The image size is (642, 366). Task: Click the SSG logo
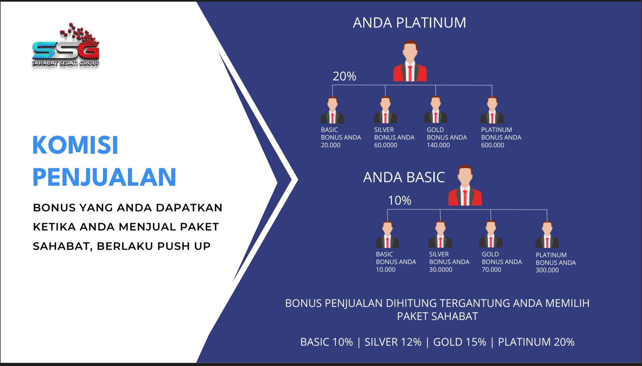tap(66, 45)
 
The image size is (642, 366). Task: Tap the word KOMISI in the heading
tap(75, 145)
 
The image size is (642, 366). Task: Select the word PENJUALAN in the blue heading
tap(104, 177)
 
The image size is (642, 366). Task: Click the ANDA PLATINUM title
tap(409, 23)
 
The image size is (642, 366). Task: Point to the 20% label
tap(344, 76)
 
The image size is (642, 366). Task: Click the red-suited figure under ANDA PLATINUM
tap(410, 61)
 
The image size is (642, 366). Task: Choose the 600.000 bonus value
tap(492, 145)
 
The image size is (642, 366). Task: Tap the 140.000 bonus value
tap(438, 145)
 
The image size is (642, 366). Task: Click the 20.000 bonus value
tap(330, 145)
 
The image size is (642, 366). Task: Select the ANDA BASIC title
tap(404, 177)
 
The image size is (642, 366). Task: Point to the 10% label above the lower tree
tap(400, 201)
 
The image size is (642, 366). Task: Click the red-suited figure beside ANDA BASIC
tap(465, 186)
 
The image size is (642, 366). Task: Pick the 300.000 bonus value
tap(547, 270)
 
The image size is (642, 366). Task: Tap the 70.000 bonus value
tap(491, 270)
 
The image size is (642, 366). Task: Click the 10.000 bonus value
tap(386, 270)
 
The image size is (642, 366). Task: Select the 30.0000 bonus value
tap(440, 270)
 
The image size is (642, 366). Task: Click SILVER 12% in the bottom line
tap(393, 342)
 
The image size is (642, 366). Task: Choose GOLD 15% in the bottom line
tap(460, 342)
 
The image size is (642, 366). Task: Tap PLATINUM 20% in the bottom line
tap(536, 342)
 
